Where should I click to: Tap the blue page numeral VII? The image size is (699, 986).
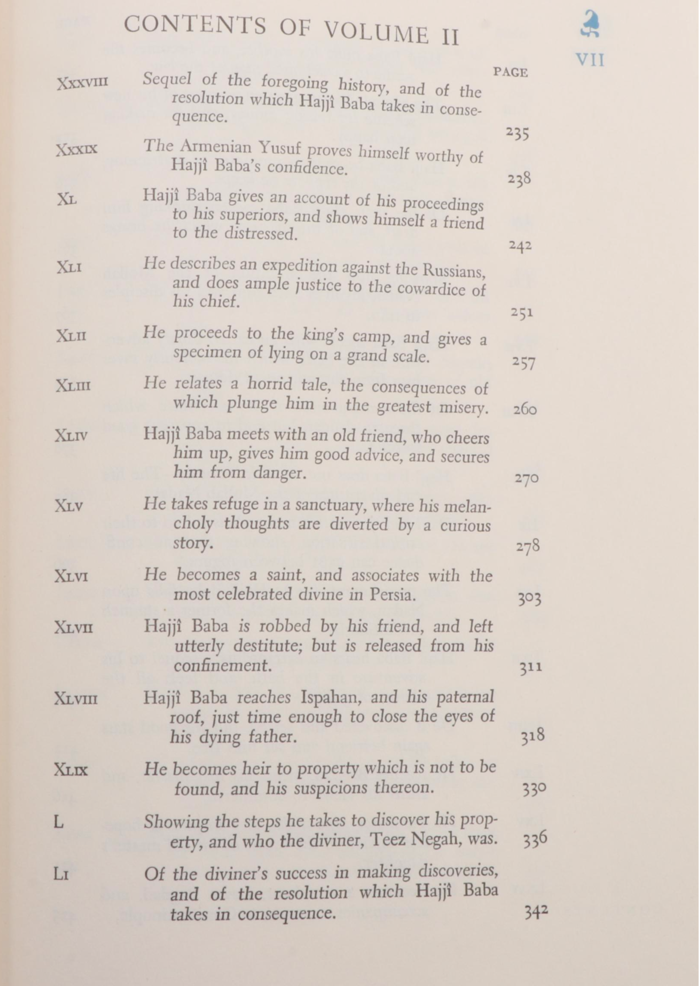[x=590, y=60]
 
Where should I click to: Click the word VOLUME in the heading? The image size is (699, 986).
[x=376, y=32]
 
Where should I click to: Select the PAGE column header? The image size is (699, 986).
[x=510, y=72]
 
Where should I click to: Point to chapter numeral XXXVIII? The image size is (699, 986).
[x=82, y=82]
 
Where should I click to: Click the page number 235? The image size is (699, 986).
[x=517, y=134]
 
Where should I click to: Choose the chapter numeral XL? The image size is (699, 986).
[x=67, y=199]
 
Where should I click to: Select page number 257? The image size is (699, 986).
[x=524, y=363]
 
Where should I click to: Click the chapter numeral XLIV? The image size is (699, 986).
[x=71, y=436]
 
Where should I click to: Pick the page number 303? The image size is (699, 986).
[x=529, y=598]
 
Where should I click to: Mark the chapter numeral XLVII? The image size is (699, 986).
[x=73, y=628]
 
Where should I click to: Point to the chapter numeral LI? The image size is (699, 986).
[x=61, y=875]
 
